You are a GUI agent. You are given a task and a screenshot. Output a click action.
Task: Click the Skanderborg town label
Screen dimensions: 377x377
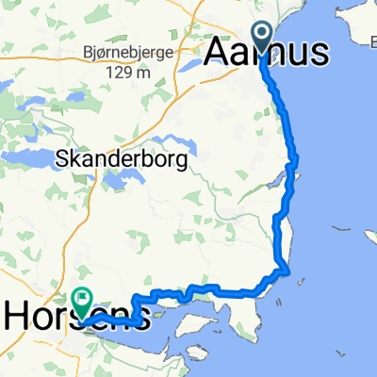pyautogui.click(x=125, y=159)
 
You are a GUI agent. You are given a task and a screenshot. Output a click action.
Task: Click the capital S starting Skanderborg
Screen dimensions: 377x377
pyautogui.click(x=64, y=159)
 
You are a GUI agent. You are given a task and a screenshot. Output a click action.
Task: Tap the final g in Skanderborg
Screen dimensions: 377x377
pyautogui.click(x=183, y=161)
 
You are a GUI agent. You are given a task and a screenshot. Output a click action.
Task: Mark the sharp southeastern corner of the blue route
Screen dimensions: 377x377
pyautogui.click(x=287, y=273)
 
